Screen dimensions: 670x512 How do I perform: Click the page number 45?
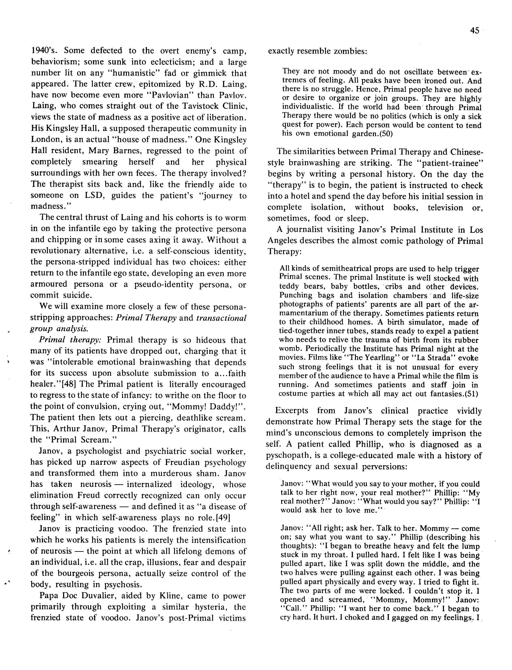(x=475, y=30)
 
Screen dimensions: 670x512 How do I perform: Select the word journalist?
(x=308, y=230)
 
